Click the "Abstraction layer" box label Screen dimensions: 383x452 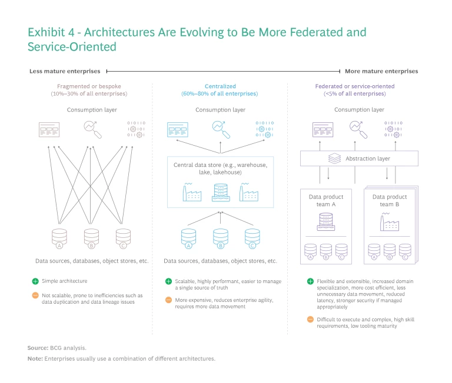[367, 159]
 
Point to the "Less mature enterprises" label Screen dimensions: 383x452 [65, 71]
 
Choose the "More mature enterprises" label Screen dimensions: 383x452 [381, 71]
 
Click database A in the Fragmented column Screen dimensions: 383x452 [58, 236]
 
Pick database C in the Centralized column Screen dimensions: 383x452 [252, 236]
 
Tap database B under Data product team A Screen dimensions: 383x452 [326, 251]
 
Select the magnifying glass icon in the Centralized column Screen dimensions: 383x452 [220, 128]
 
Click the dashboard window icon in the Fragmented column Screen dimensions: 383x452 [48, 127]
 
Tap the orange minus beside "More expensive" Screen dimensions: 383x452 [168, 300]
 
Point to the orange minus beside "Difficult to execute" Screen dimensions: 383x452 [311, 319]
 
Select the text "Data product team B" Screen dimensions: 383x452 [389, 200]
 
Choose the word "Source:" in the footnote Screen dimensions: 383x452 [38, 348]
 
